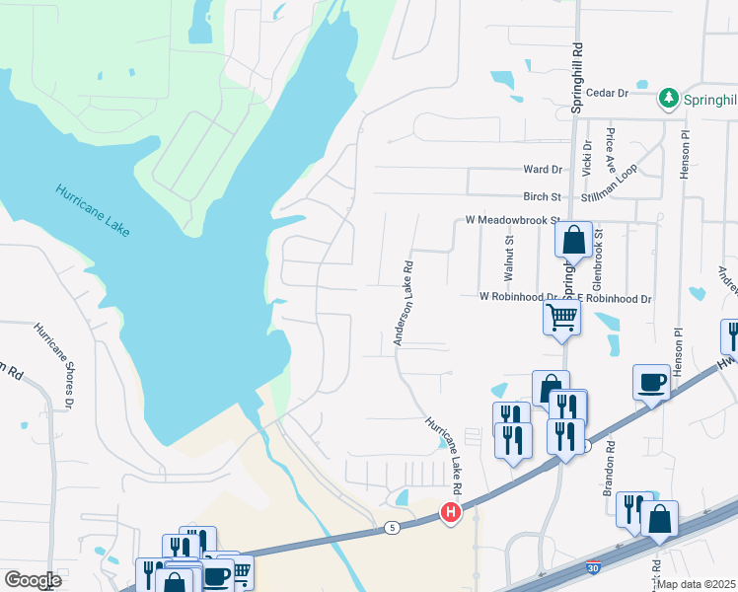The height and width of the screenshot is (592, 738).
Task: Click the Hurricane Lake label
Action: [x=93, y=209]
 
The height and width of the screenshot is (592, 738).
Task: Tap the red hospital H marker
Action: [x=450, y=512]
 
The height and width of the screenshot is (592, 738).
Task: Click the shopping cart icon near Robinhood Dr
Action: [x=561, y=317]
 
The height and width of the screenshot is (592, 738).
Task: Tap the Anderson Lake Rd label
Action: [x=404, y=303]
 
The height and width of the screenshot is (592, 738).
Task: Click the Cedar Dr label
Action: [x=608, y=93]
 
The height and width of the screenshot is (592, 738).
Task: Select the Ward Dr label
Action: [x=543, y=170]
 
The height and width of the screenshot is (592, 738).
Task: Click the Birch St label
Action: [x=542, y=196]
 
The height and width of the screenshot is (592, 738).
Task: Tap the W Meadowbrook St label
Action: [x=506, y=221]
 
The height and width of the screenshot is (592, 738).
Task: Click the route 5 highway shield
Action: [x=393, y=529]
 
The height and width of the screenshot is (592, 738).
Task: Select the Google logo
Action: [x=33, y=580]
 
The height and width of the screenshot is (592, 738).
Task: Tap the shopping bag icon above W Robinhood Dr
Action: [x=573, y=240]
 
